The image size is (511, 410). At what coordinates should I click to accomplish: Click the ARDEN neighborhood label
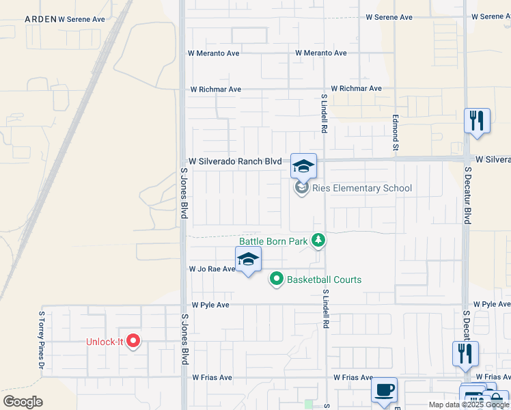40,19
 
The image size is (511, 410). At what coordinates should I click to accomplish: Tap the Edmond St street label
395,132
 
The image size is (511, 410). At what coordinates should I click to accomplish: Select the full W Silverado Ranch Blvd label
236,161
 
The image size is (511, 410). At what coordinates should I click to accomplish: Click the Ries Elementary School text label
362,188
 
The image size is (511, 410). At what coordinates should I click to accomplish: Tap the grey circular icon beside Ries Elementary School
302,188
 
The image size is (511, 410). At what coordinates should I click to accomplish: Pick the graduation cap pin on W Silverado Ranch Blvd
304,166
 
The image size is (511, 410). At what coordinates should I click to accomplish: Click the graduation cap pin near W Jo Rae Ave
249,259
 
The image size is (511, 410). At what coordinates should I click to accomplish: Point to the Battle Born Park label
273,241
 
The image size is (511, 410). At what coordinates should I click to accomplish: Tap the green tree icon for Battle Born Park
318,241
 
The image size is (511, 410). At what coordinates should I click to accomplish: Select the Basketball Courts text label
324,279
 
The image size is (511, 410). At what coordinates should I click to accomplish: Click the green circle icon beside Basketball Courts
277,279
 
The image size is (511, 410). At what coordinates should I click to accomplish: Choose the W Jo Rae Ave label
212,269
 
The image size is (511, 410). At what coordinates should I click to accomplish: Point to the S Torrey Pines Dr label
42,342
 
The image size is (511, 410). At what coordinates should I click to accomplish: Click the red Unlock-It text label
105,342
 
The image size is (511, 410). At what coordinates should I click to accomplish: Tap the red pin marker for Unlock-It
134,340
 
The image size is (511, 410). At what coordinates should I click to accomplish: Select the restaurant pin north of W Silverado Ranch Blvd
477,121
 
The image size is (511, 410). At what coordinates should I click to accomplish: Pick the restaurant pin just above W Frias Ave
465,353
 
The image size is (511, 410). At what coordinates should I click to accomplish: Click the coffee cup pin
384,389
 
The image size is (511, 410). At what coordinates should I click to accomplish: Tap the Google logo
23,402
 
